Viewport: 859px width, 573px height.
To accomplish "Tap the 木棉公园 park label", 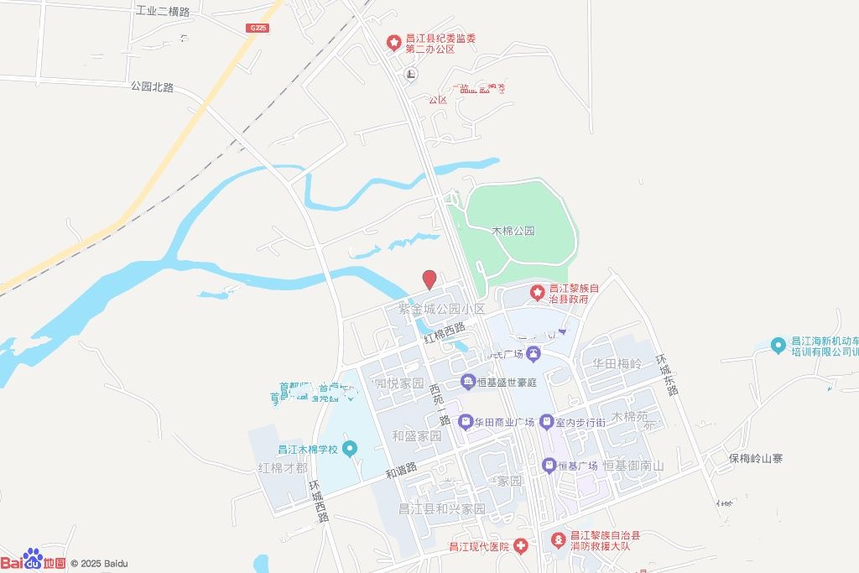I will (x=513, y=231).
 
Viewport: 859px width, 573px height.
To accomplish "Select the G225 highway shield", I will (x=258, y=28).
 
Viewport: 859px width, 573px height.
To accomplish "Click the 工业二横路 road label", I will (x=163, y=12).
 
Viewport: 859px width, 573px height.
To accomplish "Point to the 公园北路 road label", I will (x=152, y=86).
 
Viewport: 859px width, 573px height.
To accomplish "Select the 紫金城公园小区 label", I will (x=441, y=310).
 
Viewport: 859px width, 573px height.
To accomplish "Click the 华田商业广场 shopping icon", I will (x=466, y=423).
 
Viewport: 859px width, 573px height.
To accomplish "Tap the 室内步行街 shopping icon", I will (x=546, y=422).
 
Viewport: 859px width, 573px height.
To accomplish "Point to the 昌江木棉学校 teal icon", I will (x=350, y=450).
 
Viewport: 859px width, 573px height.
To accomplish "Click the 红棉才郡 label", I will (x=283, y=468).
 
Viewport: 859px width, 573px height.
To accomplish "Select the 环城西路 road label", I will (x=319, y=501).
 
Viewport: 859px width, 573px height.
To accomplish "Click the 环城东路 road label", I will (x=669, y=373).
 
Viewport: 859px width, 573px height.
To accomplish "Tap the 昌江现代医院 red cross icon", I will (x=521, y=547).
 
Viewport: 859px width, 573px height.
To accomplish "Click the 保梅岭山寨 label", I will (x=755, y=459).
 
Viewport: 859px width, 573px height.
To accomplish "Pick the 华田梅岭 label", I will (x=617, y=364).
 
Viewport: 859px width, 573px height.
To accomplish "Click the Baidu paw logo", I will (x=33, y=558).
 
